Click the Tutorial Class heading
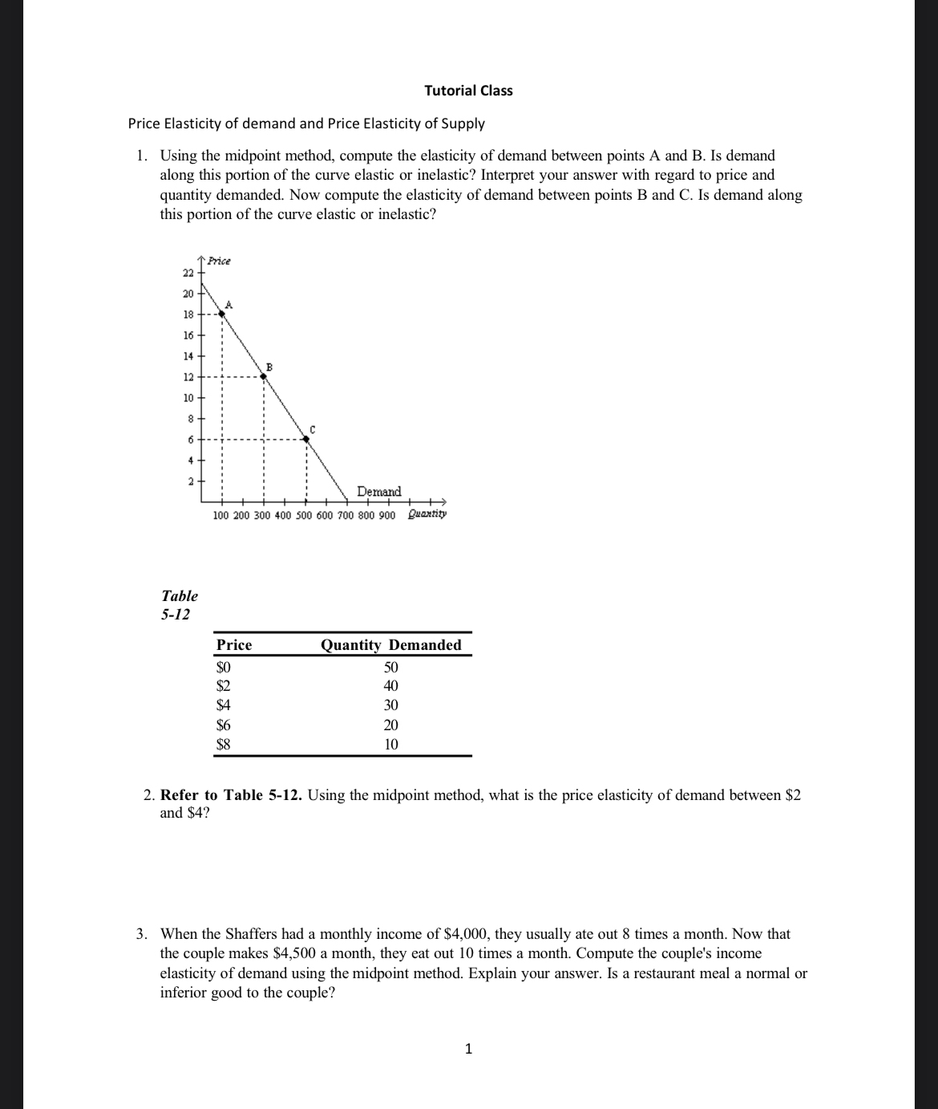pyautogui.click(x=468, y=91)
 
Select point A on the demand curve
pyautogui.click(x=222, y=314)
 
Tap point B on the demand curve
pyautogui.click(x=263, y=376)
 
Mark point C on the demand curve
pyautogui.click(x=305, y=438)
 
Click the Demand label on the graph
pyautogui.click(x=378, y=491)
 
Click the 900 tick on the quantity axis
pyautogui.click(x=386, y=514)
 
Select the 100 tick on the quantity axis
pyautogui.click(x=221, y=514)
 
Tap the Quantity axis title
pyautogui.click(x=427, y=514)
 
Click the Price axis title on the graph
pyautogui.click(x=219, y=261)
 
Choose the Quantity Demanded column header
pyautogui.click(x=390, y=645)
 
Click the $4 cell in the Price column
pyautogui.click(x=224, y=705)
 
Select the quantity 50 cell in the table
pyautogui.click(x=390, y=668)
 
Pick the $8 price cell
pyautogui.click(x=224, y=744)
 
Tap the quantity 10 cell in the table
pyautogui.click(x=390, y=744)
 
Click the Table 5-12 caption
pyautogui.click(x=179, y=605)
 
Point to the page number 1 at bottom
pyautogui.click(x=469, y=1048)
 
